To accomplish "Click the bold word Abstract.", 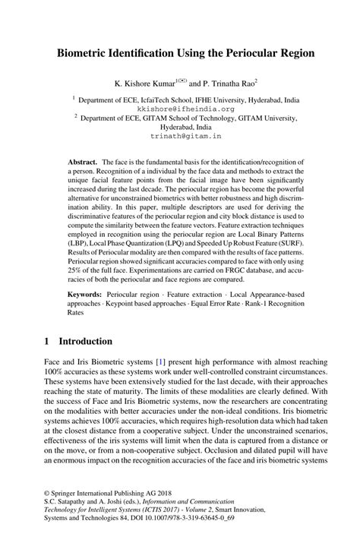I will click(x=81, y=162).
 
